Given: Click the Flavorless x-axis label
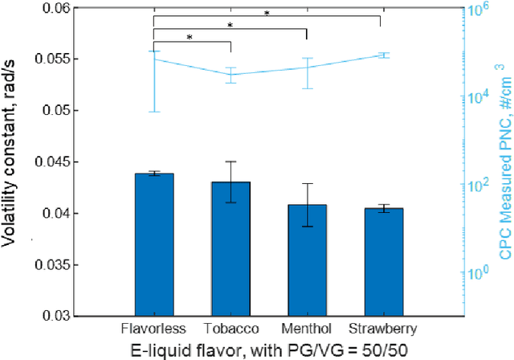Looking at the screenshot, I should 153,329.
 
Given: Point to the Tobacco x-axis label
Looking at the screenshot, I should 230,329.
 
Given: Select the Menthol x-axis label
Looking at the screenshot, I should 306,329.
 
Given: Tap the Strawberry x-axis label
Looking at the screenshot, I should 382,329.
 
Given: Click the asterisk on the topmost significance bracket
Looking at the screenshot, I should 267,13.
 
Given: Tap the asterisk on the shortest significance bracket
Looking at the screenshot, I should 190,37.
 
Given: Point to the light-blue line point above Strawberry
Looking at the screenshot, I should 382,55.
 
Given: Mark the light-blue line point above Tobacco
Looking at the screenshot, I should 230,75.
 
